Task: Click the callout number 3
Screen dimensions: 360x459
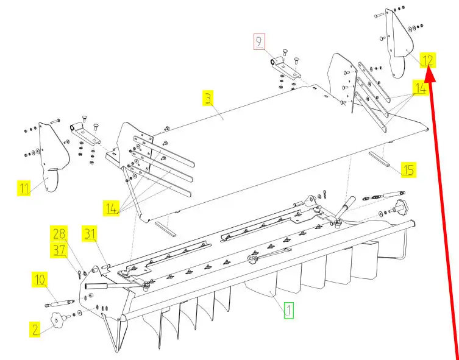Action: point(208,97)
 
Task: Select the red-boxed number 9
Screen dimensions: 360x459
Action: point(260,42)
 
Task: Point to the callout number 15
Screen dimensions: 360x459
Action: point(408,169)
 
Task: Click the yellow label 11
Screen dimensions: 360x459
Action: point(24,188)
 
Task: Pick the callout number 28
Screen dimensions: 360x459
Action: point(59,233)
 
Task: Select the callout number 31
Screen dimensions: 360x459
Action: point(90,233)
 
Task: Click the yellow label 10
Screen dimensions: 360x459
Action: point(40,280)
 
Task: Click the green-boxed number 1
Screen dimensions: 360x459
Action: point(288,310)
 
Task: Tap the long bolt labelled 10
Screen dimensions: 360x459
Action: point(59,302)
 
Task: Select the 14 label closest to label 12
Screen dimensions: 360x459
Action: point(420,88)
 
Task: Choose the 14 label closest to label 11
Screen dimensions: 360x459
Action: point(111,208)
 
